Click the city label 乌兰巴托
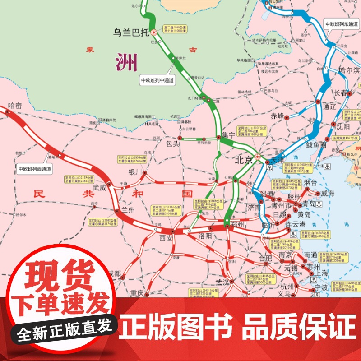tap(130, 32)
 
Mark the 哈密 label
tap(14, 105)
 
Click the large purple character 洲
tap(126, 63)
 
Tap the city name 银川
tap(135, 172)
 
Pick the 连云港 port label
tap(296, 224)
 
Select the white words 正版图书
tap(176, 325)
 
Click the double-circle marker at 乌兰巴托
tap(153, 32)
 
